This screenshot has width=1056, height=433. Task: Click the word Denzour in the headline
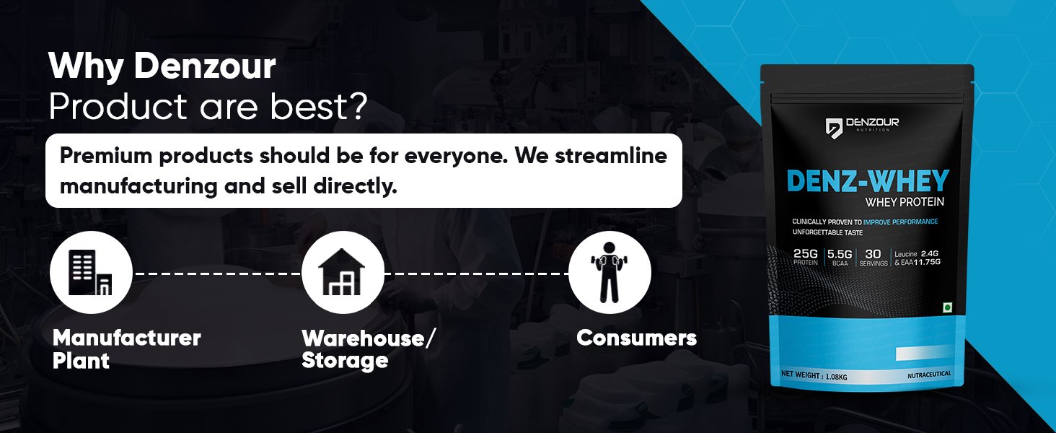(x=205, y=66)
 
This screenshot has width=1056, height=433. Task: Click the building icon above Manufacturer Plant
(x=90, y=273)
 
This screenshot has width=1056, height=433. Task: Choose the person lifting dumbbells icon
(x=610, y=273)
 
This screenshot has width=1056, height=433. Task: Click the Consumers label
(x=636, y=338)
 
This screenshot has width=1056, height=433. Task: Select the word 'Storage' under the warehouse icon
(x=345, y=362)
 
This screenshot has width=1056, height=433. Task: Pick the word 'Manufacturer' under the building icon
(x=127, y=338)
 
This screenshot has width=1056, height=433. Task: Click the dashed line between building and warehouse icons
(x=217, y=274)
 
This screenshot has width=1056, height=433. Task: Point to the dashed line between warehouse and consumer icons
(x=477, y=274)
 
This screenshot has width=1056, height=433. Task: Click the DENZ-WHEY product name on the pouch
(x=868, y=181)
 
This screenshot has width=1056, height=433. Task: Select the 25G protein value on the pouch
(x=806, y=254)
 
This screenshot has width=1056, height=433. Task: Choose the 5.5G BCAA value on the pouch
(x=840, y=255)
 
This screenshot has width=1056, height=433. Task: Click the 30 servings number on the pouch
(x=873, y=254)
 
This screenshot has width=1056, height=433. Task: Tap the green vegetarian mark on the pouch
(x=947, y=308)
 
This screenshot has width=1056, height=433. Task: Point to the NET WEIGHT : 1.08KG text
(x=814, y=375)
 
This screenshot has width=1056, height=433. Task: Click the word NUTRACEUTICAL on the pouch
(x=929, y=375)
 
